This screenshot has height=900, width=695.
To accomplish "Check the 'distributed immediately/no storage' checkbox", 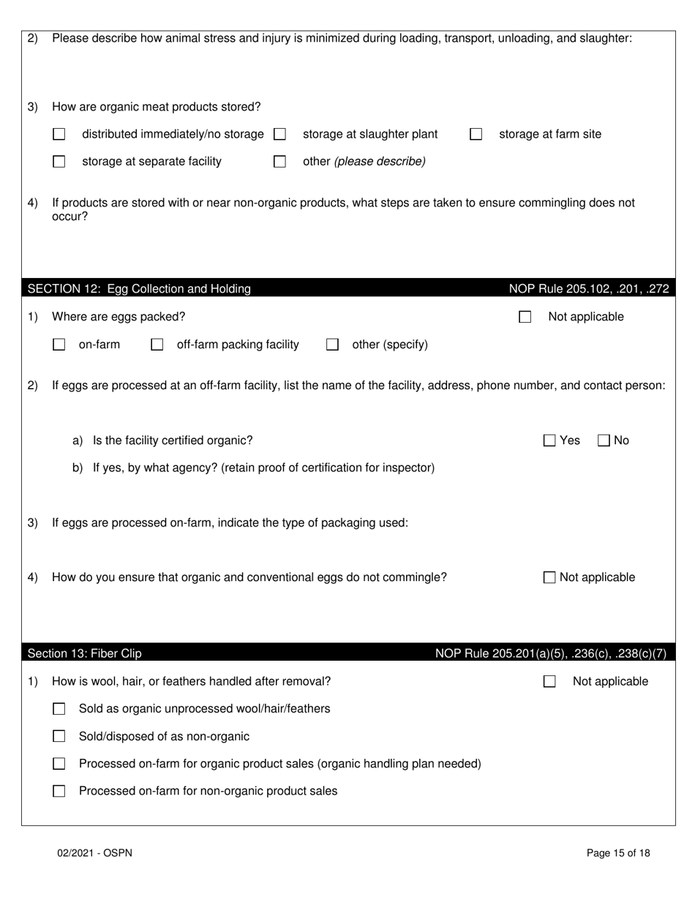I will point(59,135).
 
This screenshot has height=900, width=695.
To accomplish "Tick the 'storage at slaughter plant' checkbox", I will point(279,135).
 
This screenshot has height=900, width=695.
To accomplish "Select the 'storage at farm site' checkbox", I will point(476,135).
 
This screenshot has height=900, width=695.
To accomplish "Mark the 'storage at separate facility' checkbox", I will point(59,162).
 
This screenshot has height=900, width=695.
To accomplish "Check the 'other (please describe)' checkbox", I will point(279,162).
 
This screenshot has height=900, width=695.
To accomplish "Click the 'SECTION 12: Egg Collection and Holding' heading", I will point(139,289).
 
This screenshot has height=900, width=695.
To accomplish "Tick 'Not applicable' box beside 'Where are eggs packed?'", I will point(525,318).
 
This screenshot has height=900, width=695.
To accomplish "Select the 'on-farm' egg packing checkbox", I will point(59,345).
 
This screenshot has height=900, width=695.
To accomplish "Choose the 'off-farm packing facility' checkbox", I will point(157,345).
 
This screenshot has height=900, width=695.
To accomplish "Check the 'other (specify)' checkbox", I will point(332,345).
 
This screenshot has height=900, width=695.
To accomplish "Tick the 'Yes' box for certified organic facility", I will point(549,440).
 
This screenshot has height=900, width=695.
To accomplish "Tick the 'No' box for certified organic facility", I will point(604,440).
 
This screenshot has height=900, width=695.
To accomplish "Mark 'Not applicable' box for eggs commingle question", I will point(549,577).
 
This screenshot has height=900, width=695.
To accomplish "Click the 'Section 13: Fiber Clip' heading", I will point(85,653).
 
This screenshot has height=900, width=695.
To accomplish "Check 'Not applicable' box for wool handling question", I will point(549,682).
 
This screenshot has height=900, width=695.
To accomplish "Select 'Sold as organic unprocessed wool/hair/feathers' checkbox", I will point(59,709).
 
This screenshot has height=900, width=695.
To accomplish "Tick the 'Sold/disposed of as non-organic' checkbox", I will point(59,737).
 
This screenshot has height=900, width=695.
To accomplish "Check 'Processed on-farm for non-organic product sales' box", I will point(59,791).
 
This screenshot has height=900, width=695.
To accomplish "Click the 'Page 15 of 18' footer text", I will point(618,853).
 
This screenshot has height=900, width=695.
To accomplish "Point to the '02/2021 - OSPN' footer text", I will point(95,853).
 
